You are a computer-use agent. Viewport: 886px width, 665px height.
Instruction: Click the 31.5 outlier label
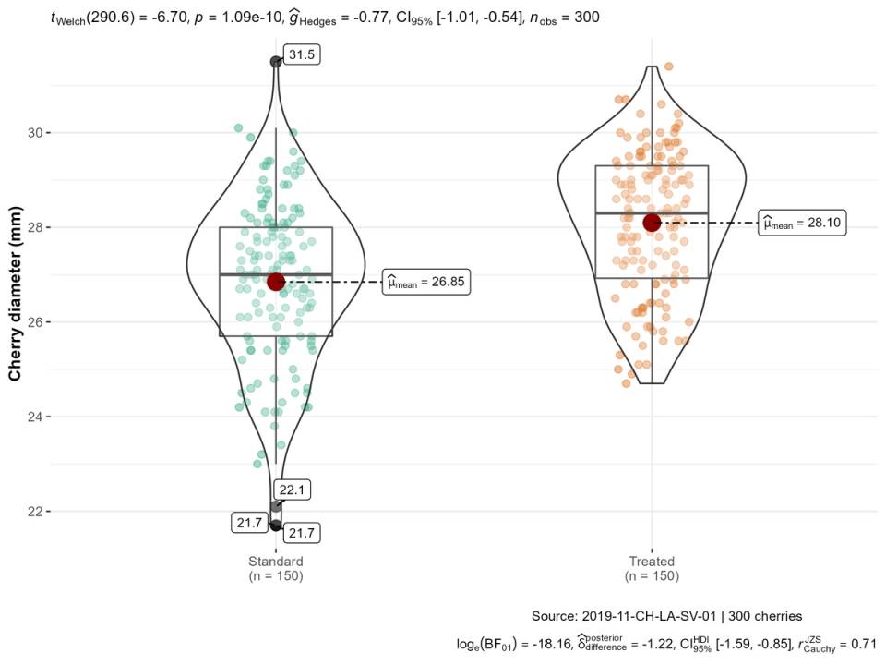click(302, 55)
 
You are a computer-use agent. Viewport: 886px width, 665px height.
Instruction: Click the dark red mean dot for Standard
click(276, 281)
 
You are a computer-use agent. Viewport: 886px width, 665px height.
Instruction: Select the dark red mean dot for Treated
click(653, 222)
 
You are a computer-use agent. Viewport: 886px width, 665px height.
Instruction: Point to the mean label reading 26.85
click(426, 284)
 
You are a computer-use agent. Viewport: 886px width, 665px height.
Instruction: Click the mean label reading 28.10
click(801, 223)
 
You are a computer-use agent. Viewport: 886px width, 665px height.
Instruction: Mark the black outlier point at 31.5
click(276, 61)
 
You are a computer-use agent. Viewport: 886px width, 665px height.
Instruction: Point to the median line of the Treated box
click(652, 212)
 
